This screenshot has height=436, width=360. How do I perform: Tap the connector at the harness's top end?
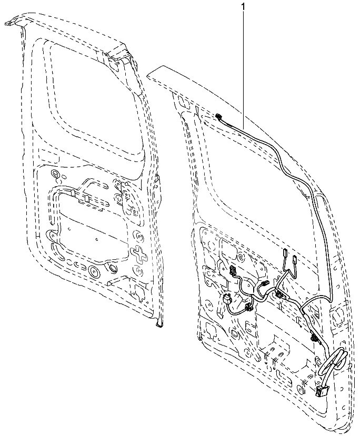point(219,116)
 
